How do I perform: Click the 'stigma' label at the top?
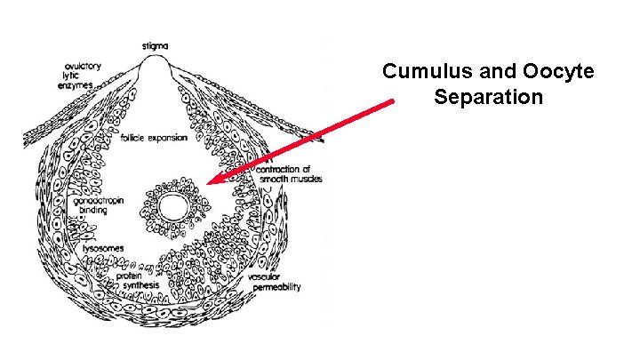tap(157, 46)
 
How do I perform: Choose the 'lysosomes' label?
tap(103, 247)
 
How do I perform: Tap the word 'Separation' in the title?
tap(488, 96)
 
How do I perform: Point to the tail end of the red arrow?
tap(391, 103)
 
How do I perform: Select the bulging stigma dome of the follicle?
tap(157, 68)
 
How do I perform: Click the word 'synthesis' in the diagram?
tap(137, 286)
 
